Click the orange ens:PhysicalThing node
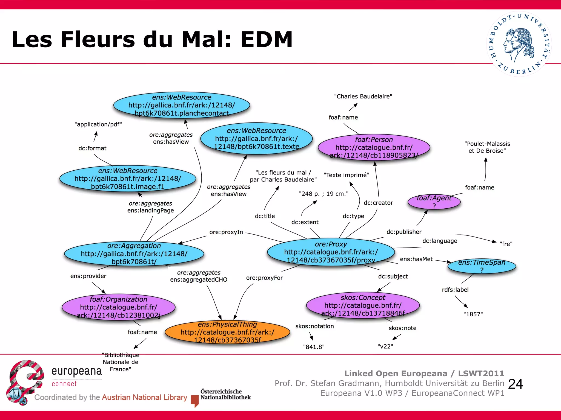[228, 332]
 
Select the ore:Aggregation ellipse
[134, 254]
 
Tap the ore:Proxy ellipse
[331, 252]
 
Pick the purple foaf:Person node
[374, 148]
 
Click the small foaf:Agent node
[434, 202]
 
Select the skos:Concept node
[363, 305]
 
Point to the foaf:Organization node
[119, 307]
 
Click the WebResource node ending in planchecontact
[182, 105]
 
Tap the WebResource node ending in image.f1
[128, 179]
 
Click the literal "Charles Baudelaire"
[363, 97]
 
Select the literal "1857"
[473, 314]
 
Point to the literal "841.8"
[314, 347]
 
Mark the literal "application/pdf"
[98, 124]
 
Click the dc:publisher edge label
[404, 232]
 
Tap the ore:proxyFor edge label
[264, 278]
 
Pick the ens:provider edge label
[88, 276]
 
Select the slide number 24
[515, 384]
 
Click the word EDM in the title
[267, 39]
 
